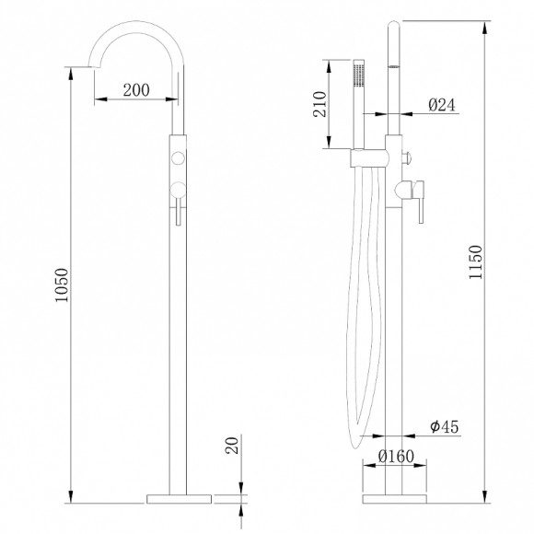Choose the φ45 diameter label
pos(444,428)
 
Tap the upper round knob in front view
pos(178,159)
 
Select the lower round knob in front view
pos(178,191)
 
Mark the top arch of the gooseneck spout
pos(138,25)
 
